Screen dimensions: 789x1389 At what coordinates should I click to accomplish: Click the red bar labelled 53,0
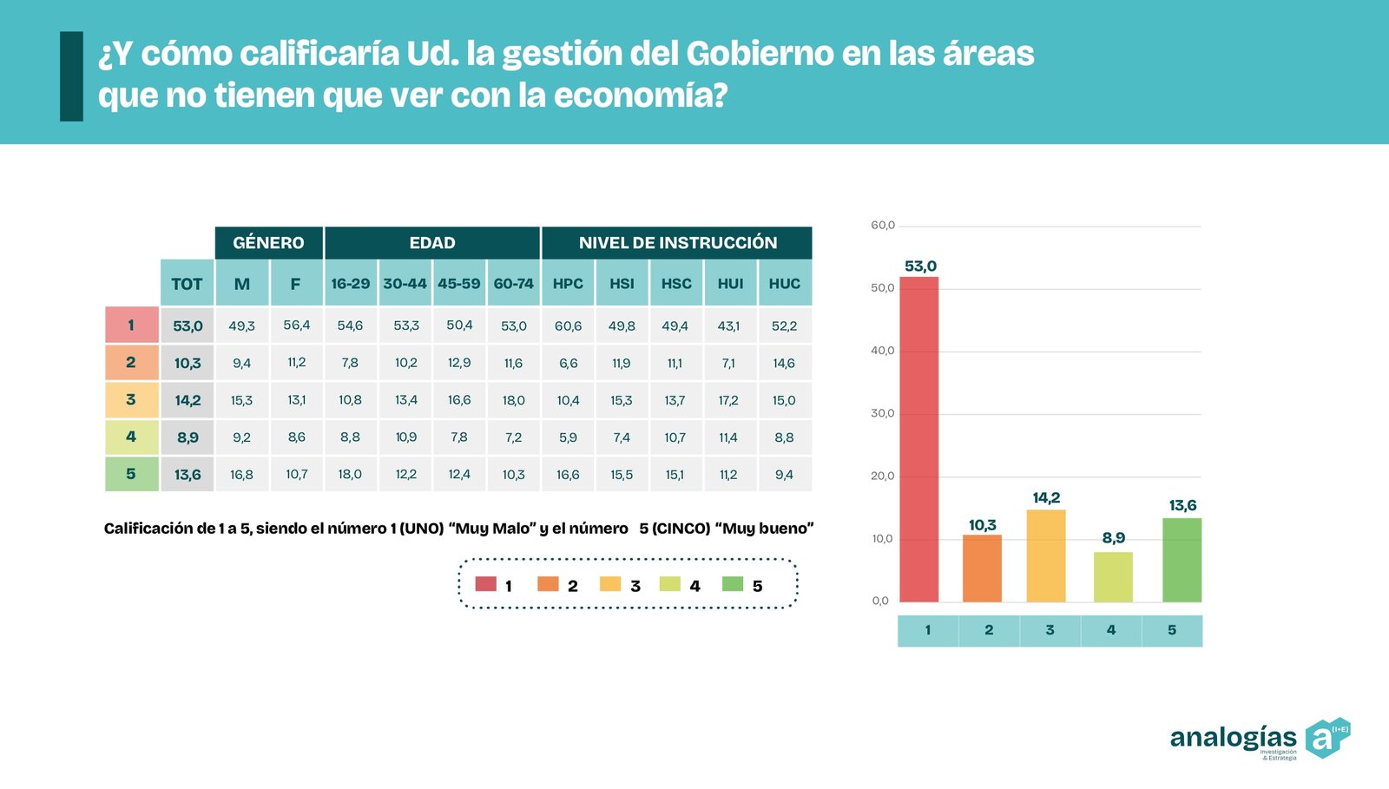918,439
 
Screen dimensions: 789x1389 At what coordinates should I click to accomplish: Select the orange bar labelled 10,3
982,569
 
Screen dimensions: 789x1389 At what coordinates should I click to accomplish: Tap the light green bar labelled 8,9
1113,577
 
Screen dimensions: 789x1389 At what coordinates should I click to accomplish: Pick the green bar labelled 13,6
1182,560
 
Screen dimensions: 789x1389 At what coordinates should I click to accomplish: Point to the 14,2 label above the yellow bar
1046,498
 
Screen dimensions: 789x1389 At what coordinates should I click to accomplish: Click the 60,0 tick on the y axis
882,226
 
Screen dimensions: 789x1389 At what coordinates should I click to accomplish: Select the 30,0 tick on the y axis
882,413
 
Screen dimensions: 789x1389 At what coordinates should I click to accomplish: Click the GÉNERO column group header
269,243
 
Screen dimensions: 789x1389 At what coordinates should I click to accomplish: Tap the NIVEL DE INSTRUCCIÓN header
677,243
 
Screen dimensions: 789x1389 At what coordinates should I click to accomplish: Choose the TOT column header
187,284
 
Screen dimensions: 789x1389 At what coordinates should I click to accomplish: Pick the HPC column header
568,284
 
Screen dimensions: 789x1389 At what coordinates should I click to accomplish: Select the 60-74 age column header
513,284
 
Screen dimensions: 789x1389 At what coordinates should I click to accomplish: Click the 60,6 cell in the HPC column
568,326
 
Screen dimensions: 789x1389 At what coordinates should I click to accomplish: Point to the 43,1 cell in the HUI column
728,326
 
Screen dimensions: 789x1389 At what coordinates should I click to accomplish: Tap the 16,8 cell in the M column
241,475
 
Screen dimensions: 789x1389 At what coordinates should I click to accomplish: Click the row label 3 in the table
131,400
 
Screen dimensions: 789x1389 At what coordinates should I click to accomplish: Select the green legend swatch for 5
733,584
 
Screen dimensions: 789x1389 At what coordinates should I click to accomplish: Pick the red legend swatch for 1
485,584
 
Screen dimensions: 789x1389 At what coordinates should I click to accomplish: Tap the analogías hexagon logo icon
1326,738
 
